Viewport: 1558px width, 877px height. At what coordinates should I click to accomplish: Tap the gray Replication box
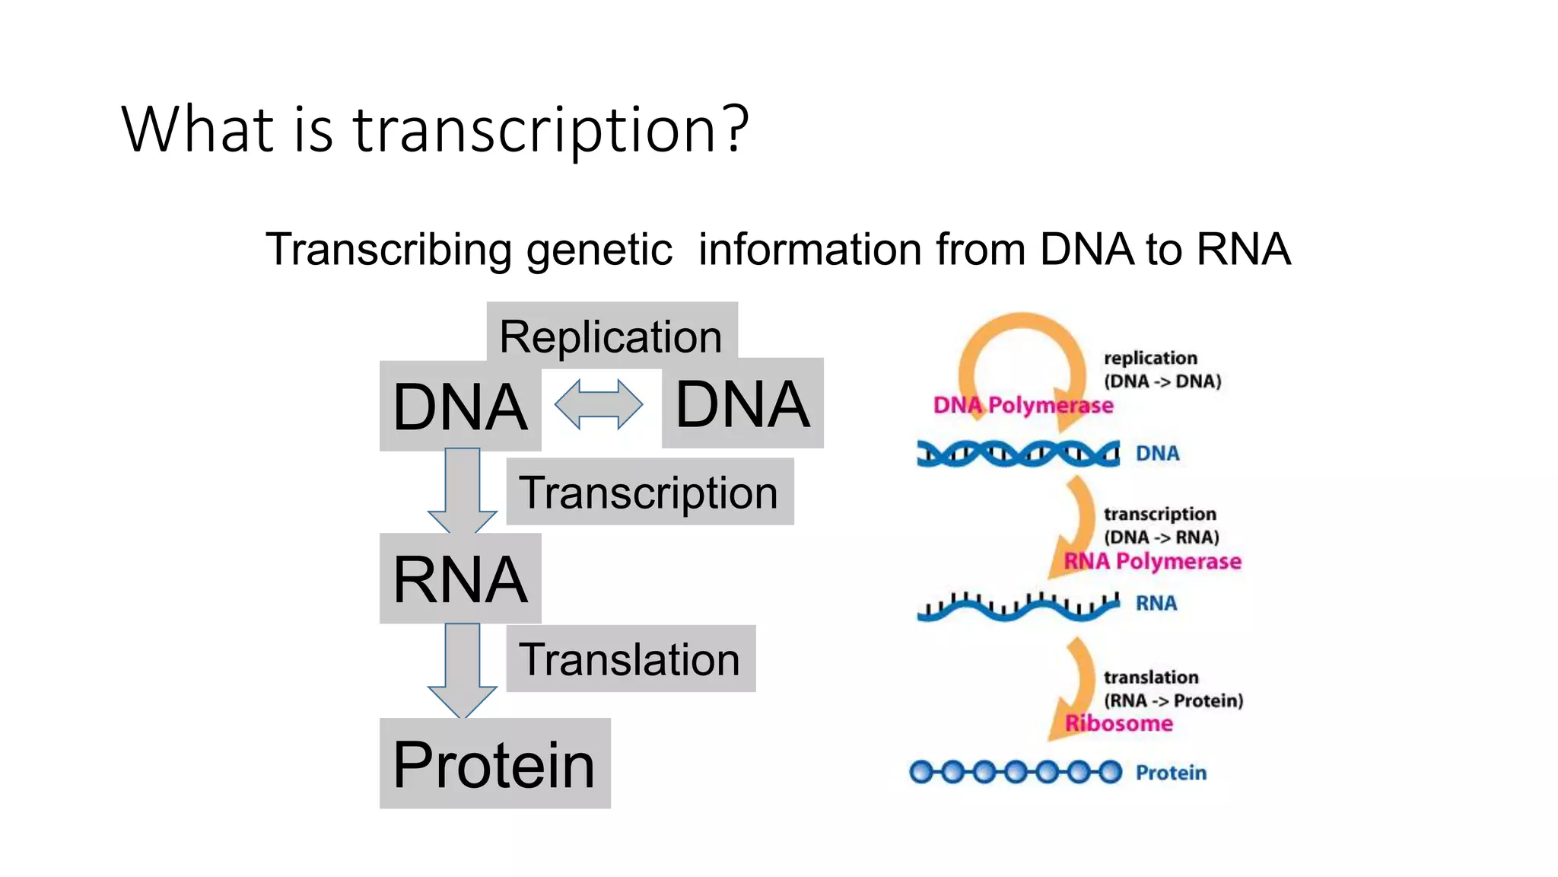611,335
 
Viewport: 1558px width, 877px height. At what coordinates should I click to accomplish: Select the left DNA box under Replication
460,407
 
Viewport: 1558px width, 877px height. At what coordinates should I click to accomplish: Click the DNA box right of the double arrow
742,403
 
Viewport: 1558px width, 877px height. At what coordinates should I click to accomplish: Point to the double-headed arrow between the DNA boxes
599,404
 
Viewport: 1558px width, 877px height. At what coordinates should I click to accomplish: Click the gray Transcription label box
649,492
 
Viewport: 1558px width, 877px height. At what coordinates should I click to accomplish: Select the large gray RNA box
460,579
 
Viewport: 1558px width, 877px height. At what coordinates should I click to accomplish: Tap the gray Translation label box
630,659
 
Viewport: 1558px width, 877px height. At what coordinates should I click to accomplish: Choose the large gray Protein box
494,764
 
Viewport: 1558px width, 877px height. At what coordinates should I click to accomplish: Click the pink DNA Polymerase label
1022,405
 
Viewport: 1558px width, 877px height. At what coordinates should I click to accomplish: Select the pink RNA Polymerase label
1152,561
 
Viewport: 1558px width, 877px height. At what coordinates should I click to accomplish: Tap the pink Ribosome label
1118,723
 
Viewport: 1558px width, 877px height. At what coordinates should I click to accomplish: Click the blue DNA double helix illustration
1018,454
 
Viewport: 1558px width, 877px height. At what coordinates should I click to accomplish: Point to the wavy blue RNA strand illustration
1018,606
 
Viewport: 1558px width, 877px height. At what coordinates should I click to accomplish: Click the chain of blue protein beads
1016,772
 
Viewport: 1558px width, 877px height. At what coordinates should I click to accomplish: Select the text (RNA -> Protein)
1173,700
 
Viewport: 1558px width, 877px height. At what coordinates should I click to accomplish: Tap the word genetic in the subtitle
599,250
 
